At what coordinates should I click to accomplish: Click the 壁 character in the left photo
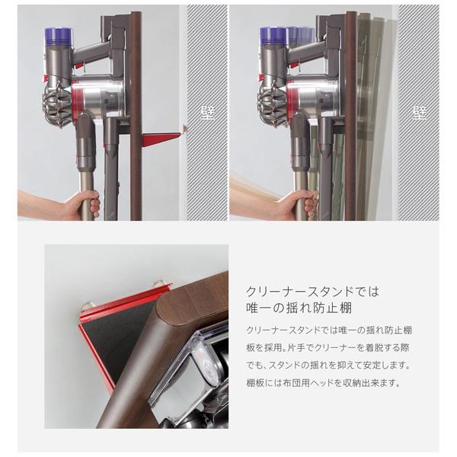coord(206,113)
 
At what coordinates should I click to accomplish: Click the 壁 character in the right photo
coord(418,113)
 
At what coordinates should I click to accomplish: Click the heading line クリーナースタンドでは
coord(312,292)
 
